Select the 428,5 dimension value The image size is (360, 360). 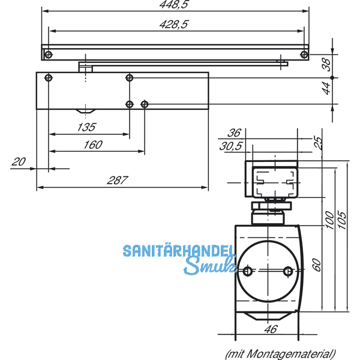pos(173,24)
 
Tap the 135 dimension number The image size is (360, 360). pos(88,127)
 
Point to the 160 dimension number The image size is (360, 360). pos(93,145)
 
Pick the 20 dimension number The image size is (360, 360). pos(19,161)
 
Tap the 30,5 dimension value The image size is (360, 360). pos(231,146)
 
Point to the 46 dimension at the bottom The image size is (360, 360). pos(271,329)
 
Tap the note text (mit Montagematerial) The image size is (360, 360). pos(280,353)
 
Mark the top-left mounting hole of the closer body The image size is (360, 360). pos(49,77)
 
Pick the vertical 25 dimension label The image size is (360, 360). pos(319,142)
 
